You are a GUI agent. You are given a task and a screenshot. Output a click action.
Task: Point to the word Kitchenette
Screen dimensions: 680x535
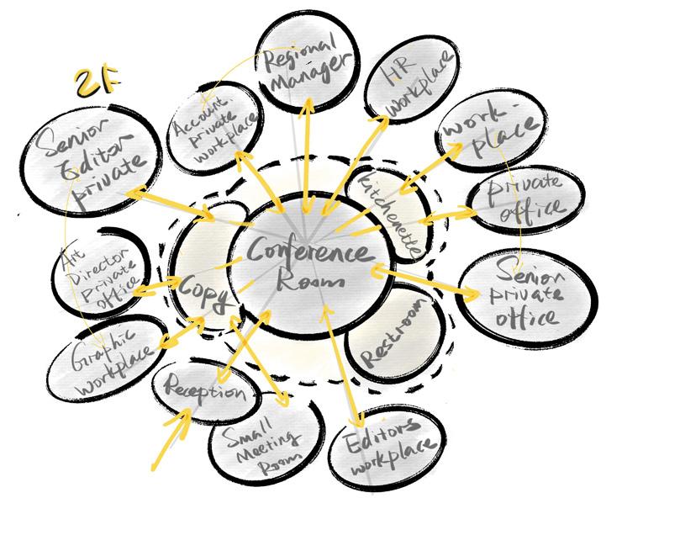click(390, 215)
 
